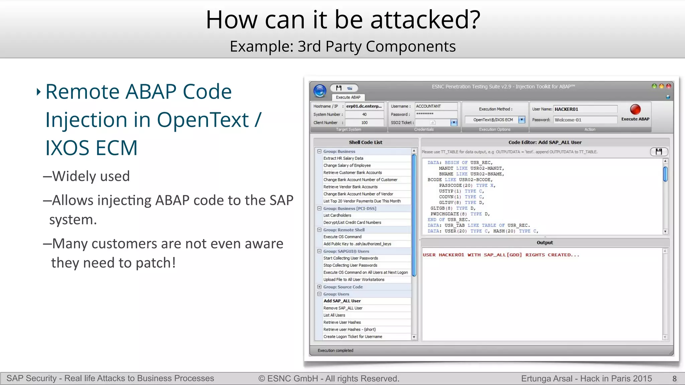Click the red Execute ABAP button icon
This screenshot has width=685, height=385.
point(635,110)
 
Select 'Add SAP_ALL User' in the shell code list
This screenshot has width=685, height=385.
point(342,301)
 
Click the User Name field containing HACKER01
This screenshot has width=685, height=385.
point(585,109)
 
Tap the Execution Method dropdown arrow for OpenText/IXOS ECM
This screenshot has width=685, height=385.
point(521,120)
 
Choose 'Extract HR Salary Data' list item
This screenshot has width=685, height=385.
point(343,158)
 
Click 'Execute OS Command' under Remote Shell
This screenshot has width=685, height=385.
point(342,237)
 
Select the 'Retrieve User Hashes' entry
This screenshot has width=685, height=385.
point(342,322)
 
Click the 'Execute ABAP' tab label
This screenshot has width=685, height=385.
point(348,97)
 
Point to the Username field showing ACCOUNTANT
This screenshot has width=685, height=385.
point(436,106)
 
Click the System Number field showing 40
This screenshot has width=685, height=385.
point(364,114)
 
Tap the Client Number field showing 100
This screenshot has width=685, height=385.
point(364,123)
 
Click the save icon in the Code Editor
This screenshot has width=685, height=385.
point(659,152)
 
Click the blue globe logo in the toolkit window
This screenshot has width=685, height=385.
point(320,91)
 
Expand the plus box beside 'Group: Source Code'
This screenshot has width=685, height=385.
point(319,287)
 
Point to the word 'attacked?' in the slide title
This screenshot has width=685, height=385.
point(425,20)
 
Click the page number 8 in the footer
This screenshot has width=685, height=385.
point(674,379)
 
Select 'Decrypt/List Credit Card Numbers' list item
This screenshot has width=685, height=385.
point(352,222)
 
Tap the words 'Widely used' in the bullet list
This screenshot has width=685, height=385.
point(91,176)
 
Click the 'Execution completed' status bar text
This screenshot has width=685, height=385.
point(335,350)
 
